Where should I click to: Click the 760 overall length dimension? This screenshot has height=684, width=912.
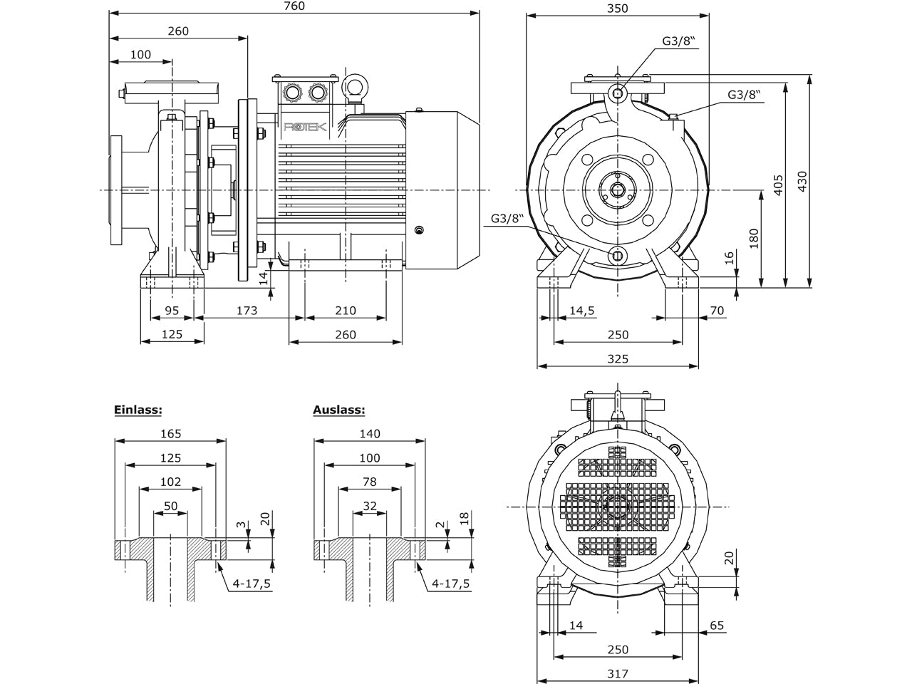pyautogui.click(x=294, y=6)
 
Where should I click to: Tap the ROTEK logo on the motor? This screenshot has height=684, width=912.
pyautogui.click(x=305, y=127)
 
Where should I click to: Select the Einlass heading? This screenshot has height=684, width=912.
pyautogui.click(x=138, y=410)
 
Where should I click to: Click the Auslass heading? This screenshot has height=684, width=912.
pyautogui.click(x=339, y=410)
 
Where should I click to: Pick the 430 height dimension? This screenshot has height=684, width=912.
pyautogui.click(x=803, y=182)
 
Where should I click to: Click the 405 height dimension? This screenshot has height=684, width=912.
pyautogui.click(x=779, y=185)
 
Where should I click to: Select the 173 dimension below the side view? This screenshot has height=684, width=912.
pyautogui.click(x=247, y=311)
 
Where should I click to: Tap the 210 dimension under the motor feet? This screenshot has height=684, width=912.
pyautogui.click(x=346, y=311)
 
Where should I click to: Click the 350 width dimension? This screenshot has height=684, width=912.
pyautogui.click(x=618, y=9)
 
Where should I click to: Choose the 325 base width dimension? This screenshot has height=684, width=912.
pyautogui.click(x=618, y=359)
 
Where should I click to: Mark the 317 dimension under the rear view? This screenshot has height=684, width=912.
pyautogui.click(x=618, y=673)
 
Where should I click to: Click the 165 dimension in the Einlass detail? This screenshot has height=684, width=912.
pyautogui.click(x=171, y=434)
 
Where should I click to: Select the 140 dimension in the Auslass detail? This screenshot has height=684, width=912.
pyautogui.click(x=370, y=434)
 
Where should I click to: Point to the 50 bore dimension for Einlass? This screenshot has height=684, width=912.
pyautogui.click(x=171, y=507)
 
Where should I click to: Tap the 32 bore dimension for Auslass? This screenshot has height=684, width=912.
pyautogui.click(x=370, y=507)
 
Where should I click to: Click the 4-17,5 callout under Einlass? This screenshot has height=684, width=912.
pyautogui.click(x=252, y=584)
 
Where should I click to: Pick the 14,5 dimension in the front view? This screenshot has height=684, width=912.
pyautogui.click(x=581, y=311)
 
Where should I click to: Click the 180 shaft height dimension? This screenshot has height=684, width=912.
pyautogui.click(x=754, y=239)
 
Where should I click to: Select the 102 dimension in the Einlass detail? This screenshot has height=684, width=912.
pyautogui.click(x=171, y=482)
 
